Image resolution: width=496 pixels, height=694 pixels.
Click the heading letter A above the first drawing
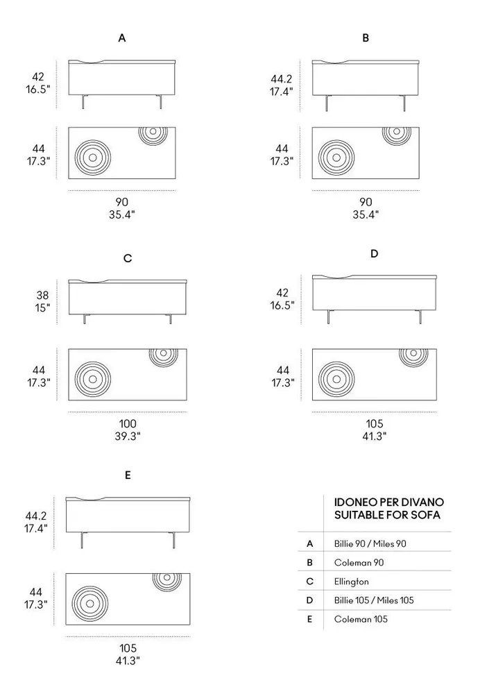[122, 39]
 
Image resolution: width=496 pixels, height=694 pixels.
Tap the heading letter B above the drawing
[366, 39]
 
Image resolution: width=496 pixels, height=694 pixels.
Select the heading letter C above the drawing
[128, 259]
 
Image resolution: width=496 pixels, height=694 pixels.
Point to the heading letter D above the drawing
[374, 254]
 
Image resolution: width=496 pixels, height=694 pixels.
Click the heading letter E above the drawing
[128, 476]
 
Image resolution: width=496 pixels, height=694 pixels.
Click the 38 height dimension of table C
[43, 295]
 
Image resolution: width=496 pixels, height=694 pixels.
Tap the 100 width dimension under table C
[128, 423]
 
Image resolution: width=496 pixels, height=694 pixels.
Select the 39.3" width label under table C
[128, 436]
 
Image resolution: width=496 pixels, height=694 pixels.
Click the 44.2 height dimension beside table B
[281, 79]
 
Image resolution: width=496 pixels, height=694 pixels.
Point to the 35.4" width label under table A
[122, 214]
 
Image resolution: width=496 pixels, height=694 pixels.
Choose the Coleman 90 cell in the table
[359, 563]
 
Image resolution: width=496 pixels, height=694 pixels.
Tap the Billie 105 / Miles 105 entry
[374, 600]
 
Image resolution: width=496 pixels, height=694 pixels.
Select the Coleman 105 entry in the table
[361, 619]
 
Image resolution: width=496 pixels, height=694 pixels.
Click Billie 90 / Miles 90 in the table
[370, 544]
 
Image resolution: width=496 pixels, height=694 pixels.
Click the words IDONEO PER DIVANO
[389, 502]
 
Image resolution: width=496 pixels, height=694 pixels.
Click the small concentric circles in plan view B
[395, 133]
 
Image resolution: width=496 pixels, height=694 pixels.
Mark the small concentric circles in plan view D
[413, 355]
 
